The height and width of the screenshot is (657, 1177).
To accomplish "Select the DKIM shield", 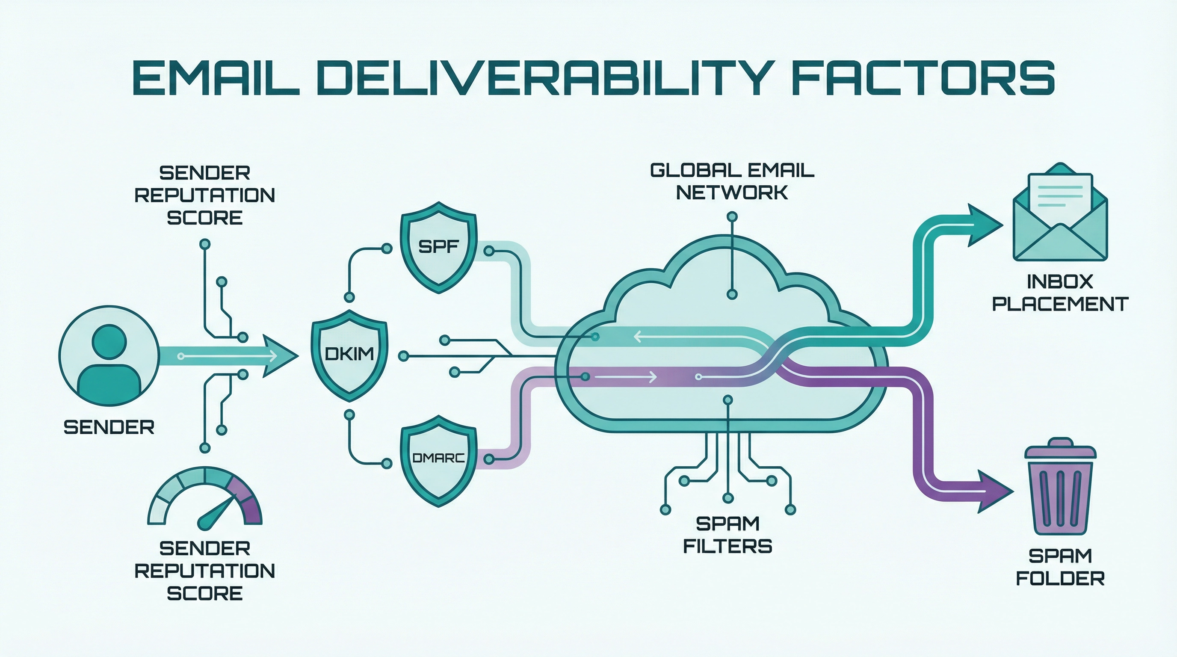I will (349, 355).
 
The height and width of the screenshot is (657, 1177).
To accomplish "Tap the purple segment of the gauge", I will (247, 498).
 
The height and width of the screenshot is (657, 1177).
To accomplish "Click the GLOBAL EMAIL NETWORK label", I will (732, 181).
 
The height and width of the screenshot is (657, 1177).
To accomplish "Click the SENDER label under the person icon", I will (109, 427).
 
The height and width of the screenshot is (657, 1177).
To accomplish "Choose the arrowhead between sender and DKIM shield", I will (280, 356).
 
